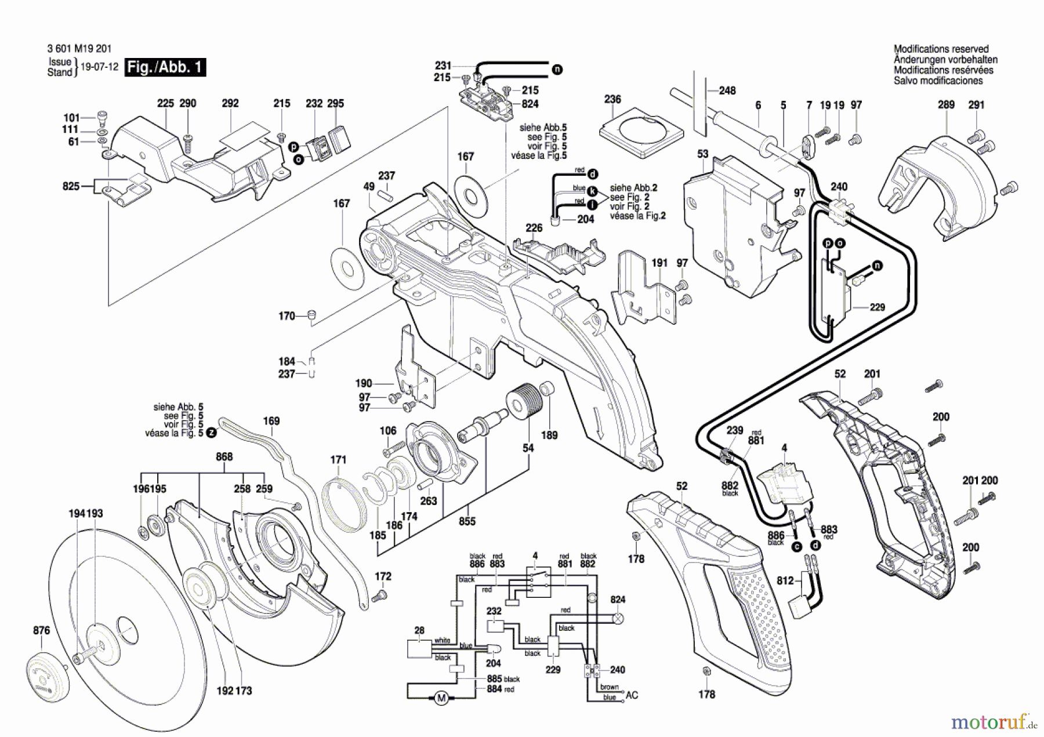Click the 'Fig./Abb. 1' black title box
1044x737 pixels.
pyautogui.click(x=165, y=67)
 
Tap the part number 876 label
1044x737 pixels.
pyautogui.click(x=41, y=630)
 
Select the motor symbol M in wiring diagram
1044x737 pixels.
pyautogui.click(x=441, y=698)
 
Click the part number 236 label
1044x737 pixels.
pyautogui.click(x=612, y=99)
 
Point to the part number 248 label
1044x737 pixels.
pyautogui.click(x=727, y=90)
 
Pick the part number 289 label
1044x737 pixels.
pyautogui.click(x=946, y=105)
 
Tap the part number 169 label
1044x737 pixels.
pyautogui.click(x=271, y=421)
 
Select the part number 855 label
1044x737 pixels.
pyautogui.click(x=467, y=521)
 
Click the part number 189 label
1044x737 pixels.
pyautogui.click(x=549, y=435)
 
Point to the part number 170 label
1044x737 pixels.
pyautogui.click(x=287, y=316)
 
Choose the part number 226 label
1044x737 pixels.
pyautogui.click(x=534, y=228)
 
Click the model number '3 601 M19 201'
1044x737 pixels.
pyautogui.click(x=79, y=49)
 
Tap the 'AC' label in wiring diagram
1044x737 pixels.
pyautogui.click(x=632, y=695)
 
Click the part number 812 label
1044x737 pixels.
pyautogui.click(x=785, y=580)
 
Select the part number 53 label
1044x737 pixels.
pyautogui.click(x=703, y=154)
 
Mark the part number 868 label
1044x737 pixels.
pyautogui.click(x=224, y=457)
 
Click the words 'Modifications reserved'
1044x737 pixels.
pyautogui.click(x=941, y=49)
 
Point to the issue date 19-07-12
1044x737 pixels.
pyautogui.click(x=99, y=67)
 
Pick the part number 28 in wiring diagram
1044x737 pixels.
pyautogui.click(x=419, y=630)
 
